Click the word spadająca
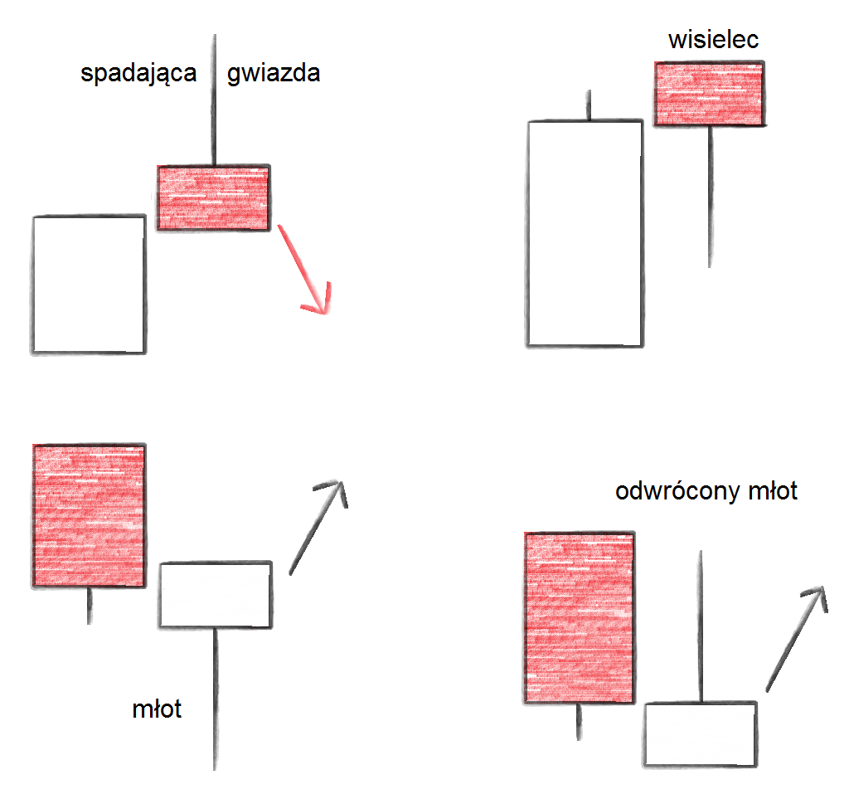click(138, 75)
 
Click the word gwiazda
click(274, 75)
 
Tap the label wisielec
click(713, 40)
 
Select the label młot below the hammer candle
click(158, 710)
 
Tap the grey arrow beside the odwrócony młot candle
click(796, 637)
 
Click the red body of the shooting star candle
click(214, 197)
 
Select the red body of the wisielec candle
click(709, 94)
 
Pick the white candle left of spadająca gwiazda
click(89, 285)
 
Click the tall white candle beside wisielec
click(585, 232)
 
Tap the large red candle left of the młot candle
click(89, 515)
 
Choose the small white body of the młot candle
click(216, 595)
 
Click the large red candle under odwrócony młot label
click(579, 618)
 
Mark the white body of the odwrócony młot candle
click(701, 733)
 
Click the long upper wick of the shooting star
click(215, 100)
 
